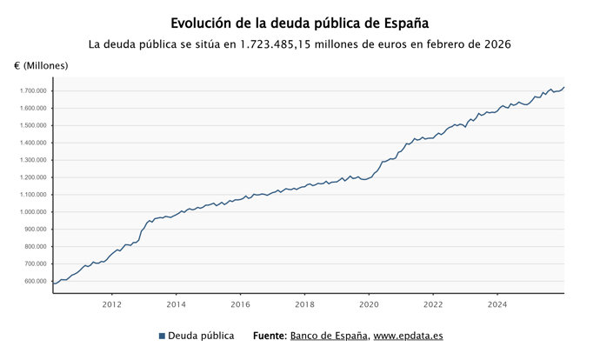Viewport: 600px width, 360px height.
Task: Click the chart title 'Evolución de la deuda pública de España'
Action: coord(300,23)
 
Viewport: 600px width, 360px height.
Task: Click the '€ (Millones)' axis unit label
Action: coord(41,66)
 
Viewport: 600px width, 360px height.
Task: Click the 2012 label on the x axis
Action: coord(111,304)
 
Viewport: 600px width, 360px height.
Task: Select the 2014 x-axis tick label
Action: coord(176,304)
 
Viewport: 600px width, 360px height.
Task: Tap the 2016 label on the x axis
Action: coord(240,304)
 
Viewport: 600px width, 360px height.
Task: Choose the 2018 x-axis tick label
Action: coord(304,304)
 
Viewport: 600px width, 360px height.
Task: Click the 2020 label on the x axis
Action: coord(369,304)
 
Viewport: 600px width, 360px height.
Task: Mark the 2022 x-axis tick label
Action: coord(433,304)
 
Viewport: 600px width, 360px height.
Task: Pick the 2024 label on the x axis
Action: coord(497,304)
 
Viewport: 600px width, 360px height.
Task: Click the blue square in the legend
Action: coord(162,336)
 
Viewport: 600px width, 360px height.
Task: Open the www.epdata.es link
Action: coord(409,336)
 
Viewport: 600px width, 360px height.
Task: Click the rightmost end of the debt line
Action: coord(563,87)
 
